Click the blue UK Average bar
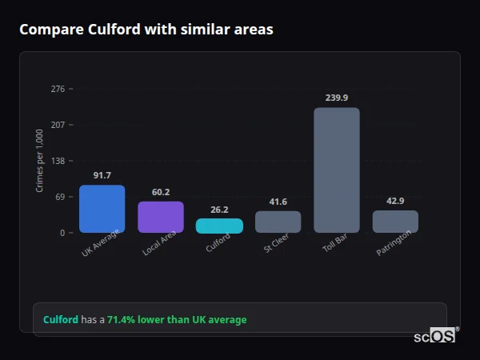coord(102,209)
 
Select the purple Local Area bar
coord(161,217)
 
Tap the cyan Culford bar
coord(219,226)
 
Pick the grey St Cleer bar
coord(278,222)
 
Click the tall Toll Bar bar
coord(336,170)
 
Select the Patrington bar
coord(395,222)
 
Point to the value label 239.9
coord(337,98)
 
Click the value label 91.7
coord(102,175)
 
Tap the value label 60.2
coord(161,192)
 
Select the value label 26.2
coord(219,210)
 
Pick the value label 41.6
coord(278,202)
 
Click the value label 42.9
coord(395,201)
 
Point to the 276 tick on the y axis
coord(58,89)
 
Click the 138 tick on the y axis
coord(58,161)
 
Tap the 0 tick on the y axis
coord(62,233)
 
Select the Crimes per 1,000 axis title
coord(40,161)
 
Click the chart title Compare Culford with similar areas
coord(146,30)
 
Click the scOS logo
coord(434,336)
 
